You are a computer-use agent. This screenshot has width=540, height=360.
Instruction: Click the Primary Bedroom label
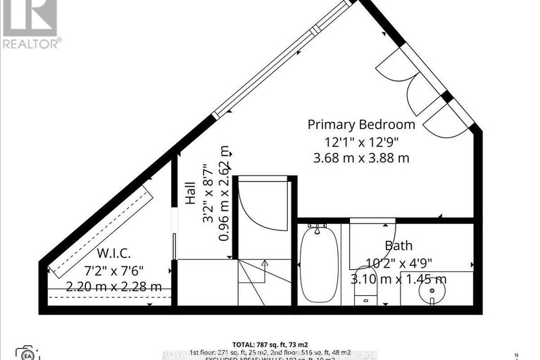tap(361, 125)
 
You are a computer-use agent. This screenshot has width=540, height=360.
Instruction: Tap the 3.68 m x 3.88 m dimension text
tap(361, 158)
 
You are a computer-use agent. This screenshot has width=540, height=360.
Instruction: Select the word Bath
tap(398, 246)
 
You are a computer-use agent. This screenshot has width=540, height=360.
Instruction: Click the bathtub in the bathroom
tap(318, 262)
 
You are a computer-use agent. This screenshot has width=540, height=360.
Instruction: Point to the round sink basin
tap(433, 292)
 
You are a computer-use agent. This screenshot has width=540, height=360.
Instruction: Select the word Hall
tap(190, 192)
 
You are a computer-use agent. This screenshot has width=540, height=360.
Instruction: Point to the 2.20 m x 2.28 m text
tap(114, 287)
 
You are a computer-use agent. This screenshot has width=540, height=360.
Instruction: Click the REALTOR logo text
tap(31, 44)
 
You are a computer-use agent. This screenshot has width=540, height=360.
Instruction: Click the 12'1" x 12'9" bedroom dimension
tap(361, 141)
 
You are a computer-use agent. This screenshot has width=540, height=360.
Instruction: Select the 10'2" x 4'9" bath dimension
tap(398, 263)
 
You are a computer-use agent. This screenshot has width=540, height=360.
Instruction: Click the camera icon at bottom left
tap(27, 352)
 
